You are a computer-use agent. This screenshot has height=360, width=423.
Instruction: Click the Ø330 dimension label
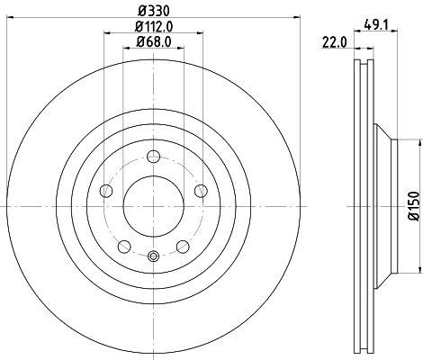(152, 11)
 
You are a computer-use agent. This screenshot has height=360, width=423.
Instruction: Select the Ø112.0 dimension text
(152, 26)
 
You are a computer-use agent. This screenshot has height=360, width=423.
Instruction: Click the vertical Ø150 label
(413, 206)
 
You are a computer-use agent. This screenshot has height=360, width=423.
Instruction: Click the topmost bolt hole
(153, 156)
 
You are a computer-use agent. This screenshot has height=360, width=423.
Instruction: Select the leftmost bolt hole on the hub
(105, 190)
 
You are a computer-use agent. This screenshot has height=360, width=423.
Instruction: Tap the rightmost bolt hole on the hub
(201, 190)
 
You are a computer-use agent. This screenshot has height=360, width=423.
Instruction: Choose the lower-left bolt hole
(123, 246)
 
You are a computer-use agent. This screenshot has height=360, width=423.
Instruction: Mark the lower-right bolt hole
(183, 246)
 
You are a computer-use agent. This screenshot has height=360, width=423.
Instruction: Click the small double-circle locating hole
(153, 256)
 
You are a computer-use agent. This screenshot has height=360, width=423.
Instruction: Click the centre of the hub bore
(153, 206)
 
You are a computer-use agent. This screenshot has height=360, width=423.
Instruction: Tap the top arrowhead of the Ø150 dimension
(418, 142)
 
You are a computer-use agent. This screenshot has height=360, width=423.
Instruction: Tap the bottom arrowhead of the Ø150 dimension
(418, 269)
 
